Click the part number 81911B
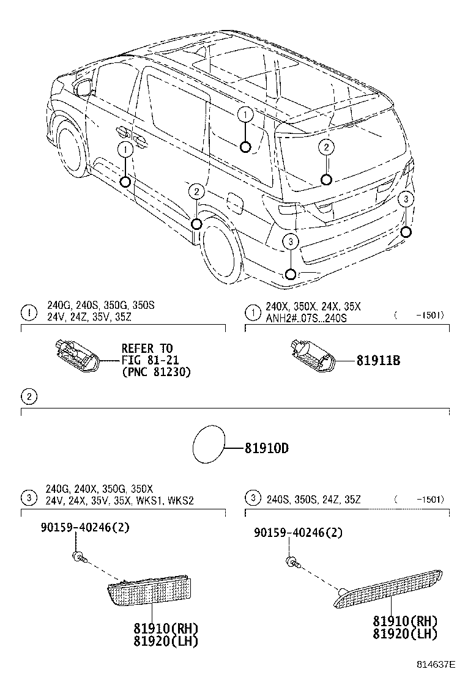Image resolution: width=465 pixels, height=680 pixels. point(378,361)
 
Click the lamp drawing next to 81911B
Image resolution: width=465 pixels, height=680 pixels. point(311,357)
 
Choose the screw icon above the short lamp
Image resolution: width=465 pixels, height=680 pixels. point(79,556)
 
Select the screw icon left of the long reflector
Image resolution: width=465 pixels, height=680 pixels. point(292,561)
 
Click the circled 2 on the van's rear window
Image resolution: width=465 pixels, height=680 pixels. point(327,147)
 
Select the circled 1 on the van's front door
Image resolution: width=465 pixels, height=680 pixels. point(125,149)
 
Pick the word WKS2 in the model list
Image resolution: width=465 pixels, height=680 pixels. point(181,500)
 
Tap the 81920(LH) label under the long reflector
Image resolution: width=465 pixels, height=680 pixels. point(406,634)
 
